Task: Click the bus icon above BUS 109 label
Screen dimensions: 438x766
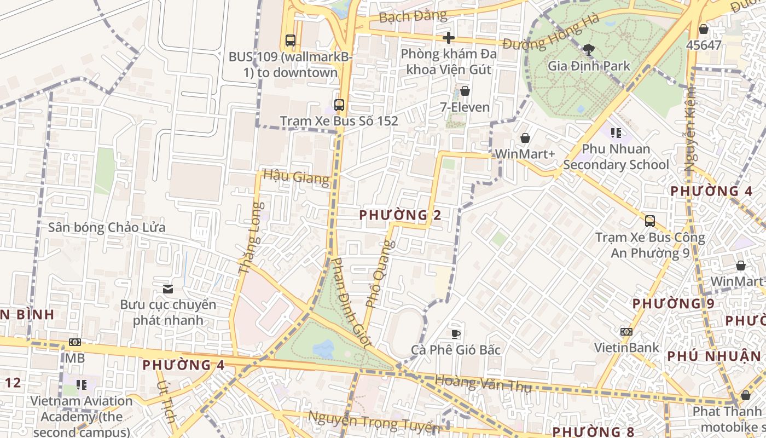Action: click(290, 41)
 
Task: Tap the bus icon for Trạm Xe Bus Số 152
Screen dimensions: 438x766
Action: click(339, 105)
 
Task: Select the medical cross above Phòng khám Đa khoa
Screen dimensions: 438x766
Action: click(449, 38)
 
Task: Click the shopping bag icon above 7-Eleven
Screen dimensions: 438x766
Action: click(465, 91)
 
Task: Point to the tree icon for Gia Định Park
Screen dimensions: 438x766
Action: click(589, 50)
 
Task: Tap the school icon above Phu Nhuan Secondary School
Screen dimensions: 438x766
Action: click(616, 133)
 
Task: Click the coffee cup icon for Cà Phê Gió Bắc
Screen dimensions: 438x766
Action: click(456, 334)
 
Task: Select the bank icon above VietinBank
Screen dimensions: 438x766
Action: click(626, 332)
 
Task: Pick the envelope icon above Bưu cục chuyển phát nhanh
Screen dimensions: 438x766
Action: click(168, 289)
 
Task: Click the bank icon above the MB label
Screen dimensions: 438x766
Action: click(75, 342)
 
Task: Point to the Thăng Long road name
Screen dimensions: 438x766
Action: click(251, 238)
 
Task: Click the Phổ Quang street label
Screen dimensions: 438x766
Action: click(379, 273)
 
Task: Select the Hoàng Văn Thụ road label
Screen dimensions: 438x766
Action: click(483, 383)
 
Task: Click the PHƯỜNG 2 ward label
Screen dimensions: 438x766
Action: click(400, 215)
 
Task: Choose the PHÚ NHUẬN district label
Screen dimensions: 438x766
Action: click(714, 356)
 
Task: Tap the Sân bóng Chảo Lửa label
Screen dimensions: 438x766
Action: click(107, 227)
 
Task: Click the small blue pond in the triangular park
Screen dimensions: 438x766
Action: click(323, 348)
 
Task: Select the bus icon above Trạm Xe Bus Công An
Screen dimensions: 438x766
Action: click(650, 221)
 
